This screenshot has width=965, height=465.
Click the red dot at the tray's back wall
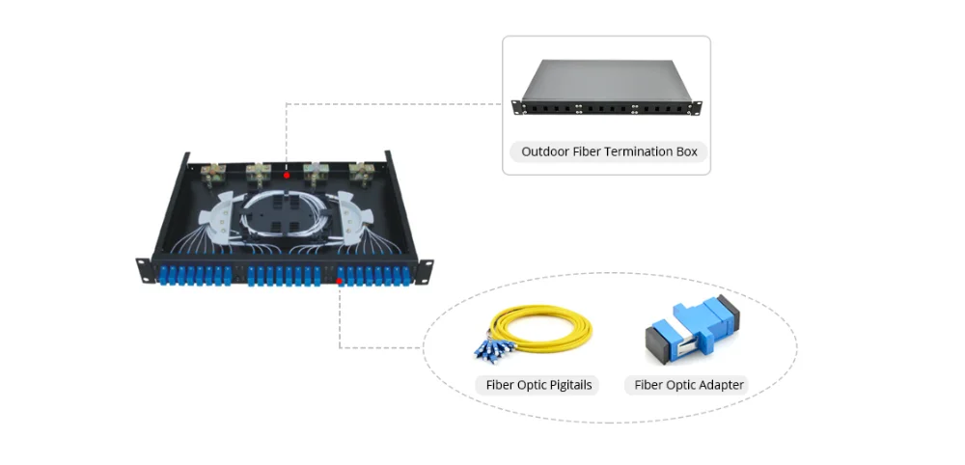[x=287, y=176]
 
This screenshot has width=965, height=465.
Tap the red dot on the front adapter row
[x=340, y=282]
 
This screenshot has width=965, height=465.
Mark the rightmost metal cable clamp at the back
[x=363, y=175]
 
